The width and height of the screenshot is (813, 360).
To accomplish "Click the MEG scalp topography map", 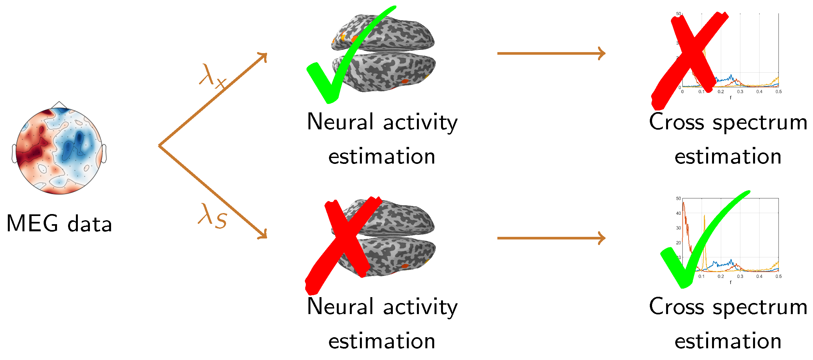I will click(x=59, y=151).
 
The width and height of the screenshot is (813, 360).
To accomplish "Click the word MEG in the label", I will click(x=32, y=223).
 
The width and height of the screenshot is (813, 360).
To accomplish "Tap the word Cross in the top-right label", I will click(x=676, y=122).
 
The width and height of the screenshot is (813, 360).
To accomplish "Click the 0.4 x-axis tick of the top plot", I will click(x=759, y=92).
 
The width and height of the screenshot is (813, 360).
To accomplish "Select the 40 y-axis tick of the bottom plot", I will click(x=678, y=213).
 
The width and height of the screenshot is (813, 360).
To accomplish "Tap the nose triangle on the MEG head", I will click(x=59, y=105).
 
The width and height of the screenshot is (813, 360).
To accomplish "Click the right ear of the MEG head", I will click(x=104, y=153).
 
